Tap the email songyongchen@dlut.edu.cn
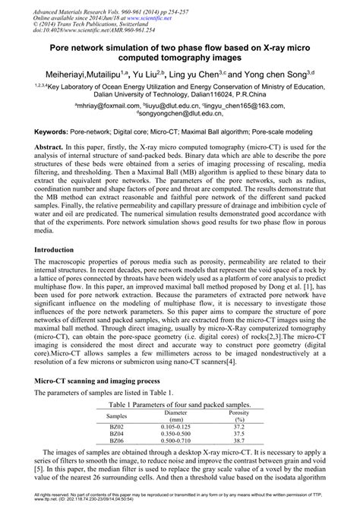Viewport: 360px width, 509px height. pos(180,116)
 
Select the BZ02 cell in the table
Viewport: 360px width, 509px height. pos(117,432)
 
